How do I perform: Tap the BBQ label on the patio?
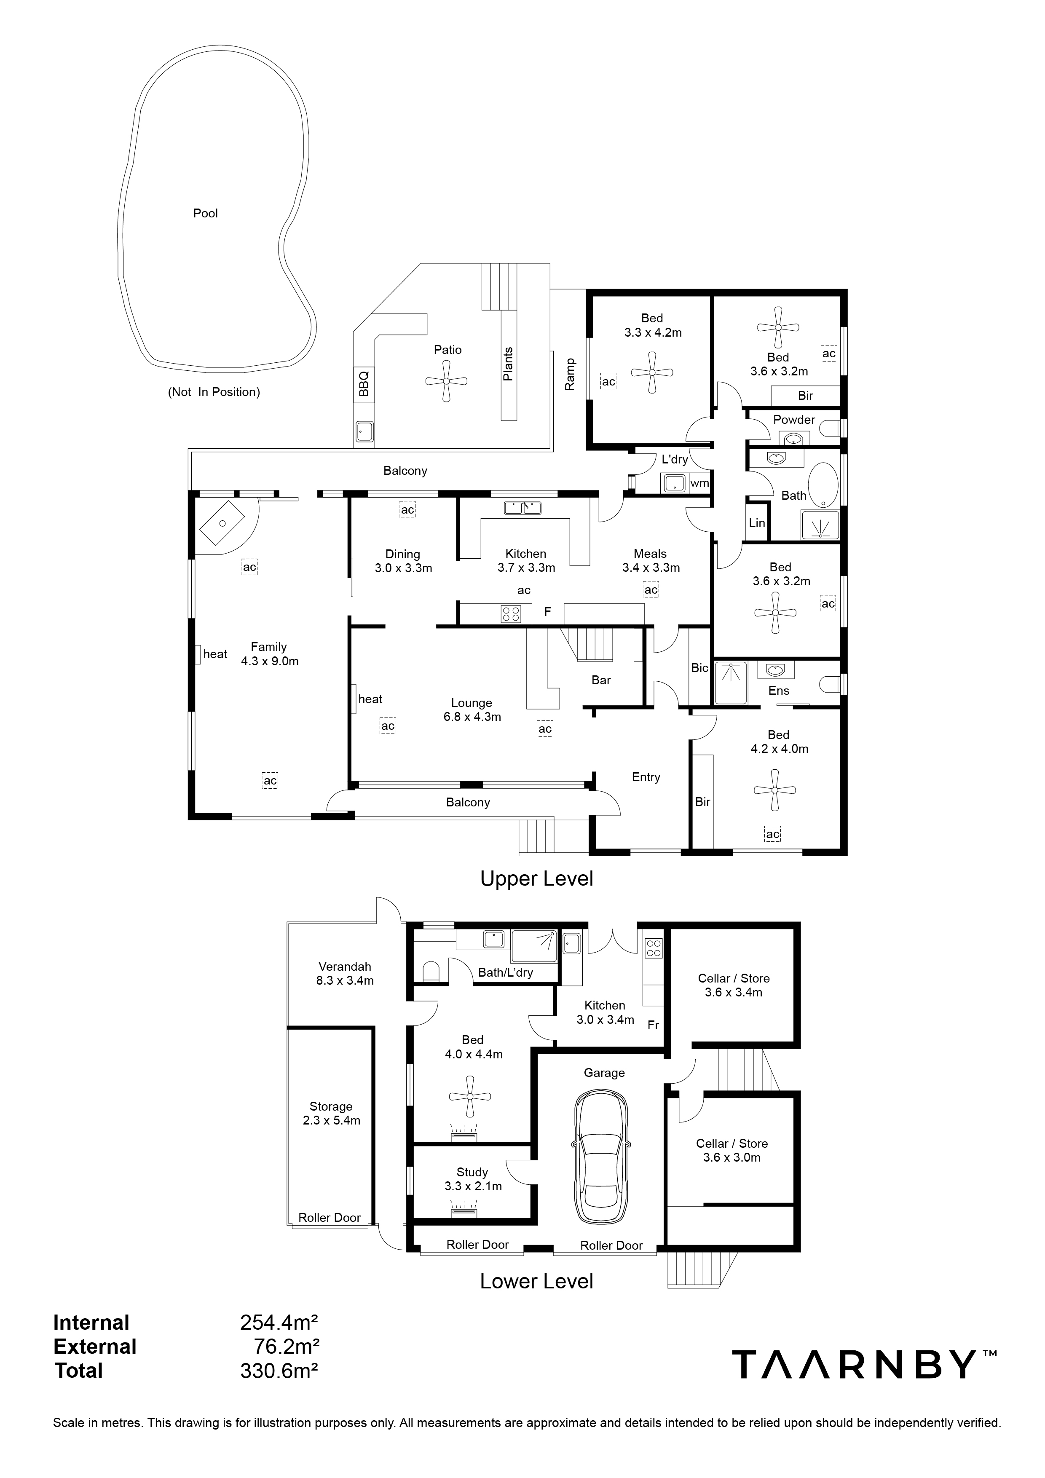(x=363, y=384)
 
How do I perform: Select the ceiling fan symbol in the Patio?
(x=446, y=381)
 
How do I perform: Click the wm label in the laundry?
(x=699, y=483)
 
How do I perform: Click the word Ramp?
(x=570, y=374)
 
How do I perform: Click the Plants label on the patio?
(x=508, y=364)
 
